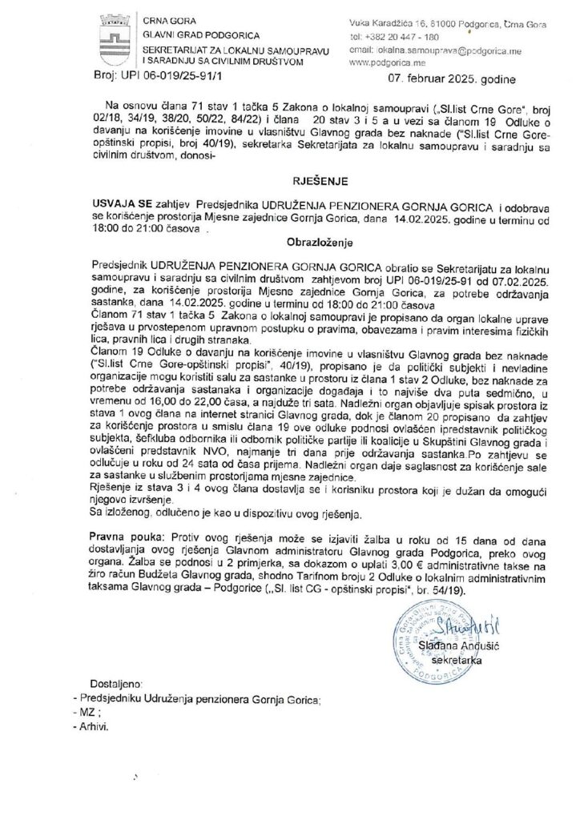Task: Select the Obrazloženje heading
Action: coord(289,239)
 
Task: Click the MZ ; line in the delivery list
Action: coord(85,713)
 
